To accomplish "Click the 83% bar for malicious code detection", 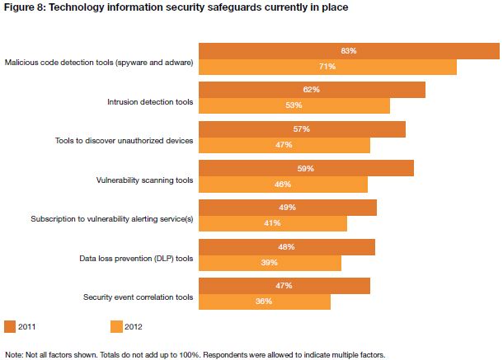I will (x=346, y=50).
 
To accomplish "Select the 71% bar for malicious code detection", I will (x=327, y=67).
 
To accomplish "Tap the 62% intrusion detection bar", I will (x=312, y=90).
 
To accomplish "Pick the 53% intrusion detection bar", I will (x=294, y=105).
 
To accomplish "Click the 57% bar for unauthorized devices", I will (x=302, y=129).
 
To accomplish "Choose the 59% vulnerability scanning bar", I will (x=306, y=168).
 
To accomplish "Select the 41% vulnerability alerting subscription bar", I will (x=273, y=223).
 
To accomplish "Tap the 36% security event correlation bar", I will (x=265, y=302).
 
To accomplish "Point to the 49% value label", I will (x=287, y=208).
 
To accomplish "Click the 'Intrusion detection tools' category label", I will (x=150, y=102).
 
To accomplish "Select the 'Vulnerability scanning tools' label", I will (x=144, y=180).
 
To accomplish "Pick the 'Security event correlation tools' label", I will (x=139, y=297).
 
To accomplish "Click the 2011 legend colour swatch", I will (x=11, y=326).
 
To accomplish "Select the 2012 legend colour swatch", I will (x=115, y=326).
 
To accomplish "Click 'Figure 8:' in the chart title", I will (x=26, y=7).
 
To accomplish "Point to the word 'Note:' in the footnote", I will (x=13, y=354).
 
